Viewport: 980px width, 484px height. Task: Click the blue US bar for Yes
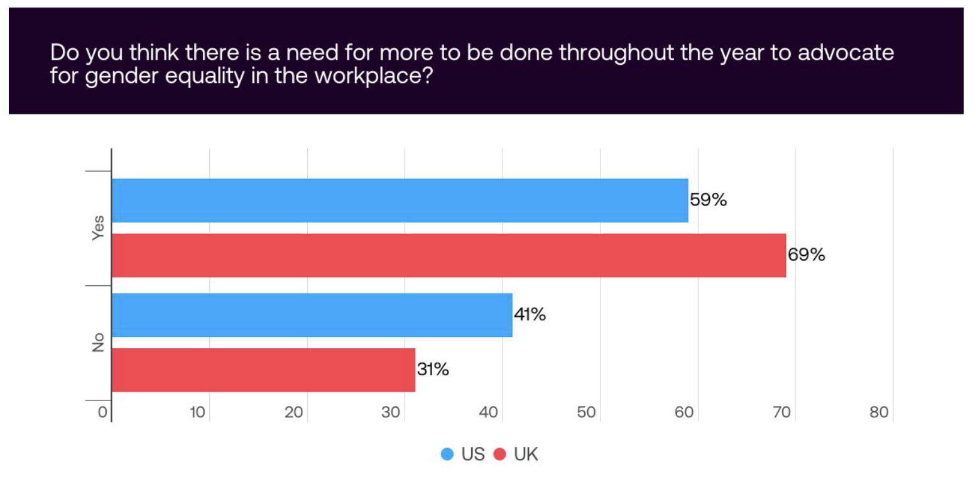400,201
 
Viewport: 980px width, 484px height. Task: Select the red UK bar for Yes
449,255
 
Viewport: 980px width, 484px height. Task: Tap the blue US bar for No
312,315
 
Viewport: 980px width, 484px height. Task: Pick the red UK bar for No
263,370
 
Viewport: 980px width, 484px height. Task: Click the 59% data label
708,201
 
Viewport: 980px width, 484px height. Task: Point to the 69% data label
806,256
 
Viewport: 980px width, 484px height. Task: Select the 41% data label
530,314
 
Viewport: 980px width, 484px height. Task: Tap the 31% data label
433,370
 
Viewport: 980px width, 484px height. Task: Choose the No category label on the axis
97,343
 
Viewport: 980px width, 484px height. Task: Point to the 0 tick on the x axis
102,412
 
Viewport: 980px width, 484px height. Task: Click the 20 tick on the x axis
295,412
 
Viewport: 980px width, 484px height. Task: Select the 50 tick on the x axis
587,412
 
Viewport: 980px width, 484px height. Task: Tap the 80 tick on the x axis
879,412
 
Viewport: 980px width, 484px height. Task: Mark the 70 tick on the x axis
781,412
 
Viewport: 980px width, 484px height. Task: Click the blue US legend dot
447,454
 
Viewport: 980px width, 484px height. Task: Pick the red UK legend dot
501,454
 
